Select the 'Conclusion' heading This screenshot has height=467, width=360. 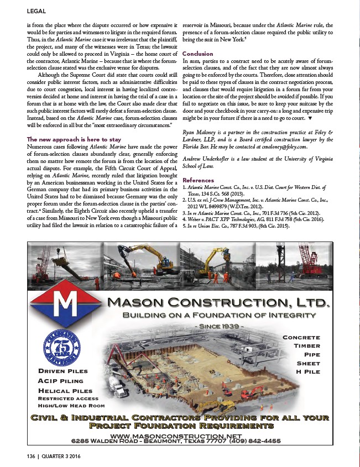click(197, 54)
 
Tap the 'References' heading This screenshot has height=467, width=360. click(198, 180)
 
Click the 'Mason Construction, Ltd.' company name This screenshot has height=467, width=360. click(218, 303)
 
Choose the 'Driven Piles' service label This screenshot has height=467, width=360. click(62, 371)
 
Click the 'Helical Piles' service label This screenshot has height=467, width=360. click(65, 391)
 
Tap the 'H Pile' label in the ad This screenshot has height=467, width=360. click(308, 371)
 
